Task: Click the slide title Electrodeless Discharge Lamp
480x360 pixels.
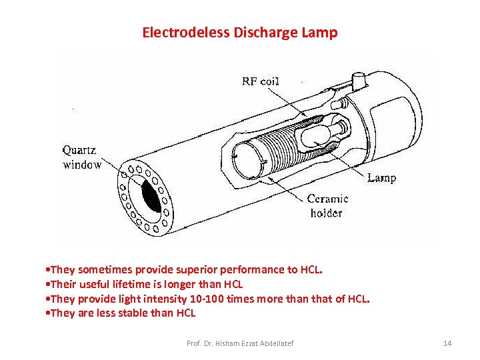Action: point(239,32)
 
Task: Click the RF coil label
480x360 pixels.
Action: point(260,81)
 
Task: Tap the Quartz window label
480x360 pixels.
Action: point(82,157)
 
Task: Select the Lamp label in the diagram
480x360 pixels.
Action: point(381,178)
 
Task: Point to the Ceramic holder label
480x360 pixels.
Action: point(327,206)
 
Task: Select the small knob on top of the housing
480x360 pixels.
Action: point(359,80)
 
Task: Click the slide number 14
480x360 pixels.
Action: point(447,343)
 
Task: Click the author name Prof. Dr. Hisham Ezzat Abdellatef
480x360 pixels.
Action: point(239,343)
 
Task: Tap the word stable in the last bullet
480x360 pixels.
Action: point(139,313)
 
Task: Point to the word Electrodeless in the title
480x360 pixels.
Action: point(186,32)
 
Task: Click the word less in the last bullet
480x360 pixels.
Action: point(106,313)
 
